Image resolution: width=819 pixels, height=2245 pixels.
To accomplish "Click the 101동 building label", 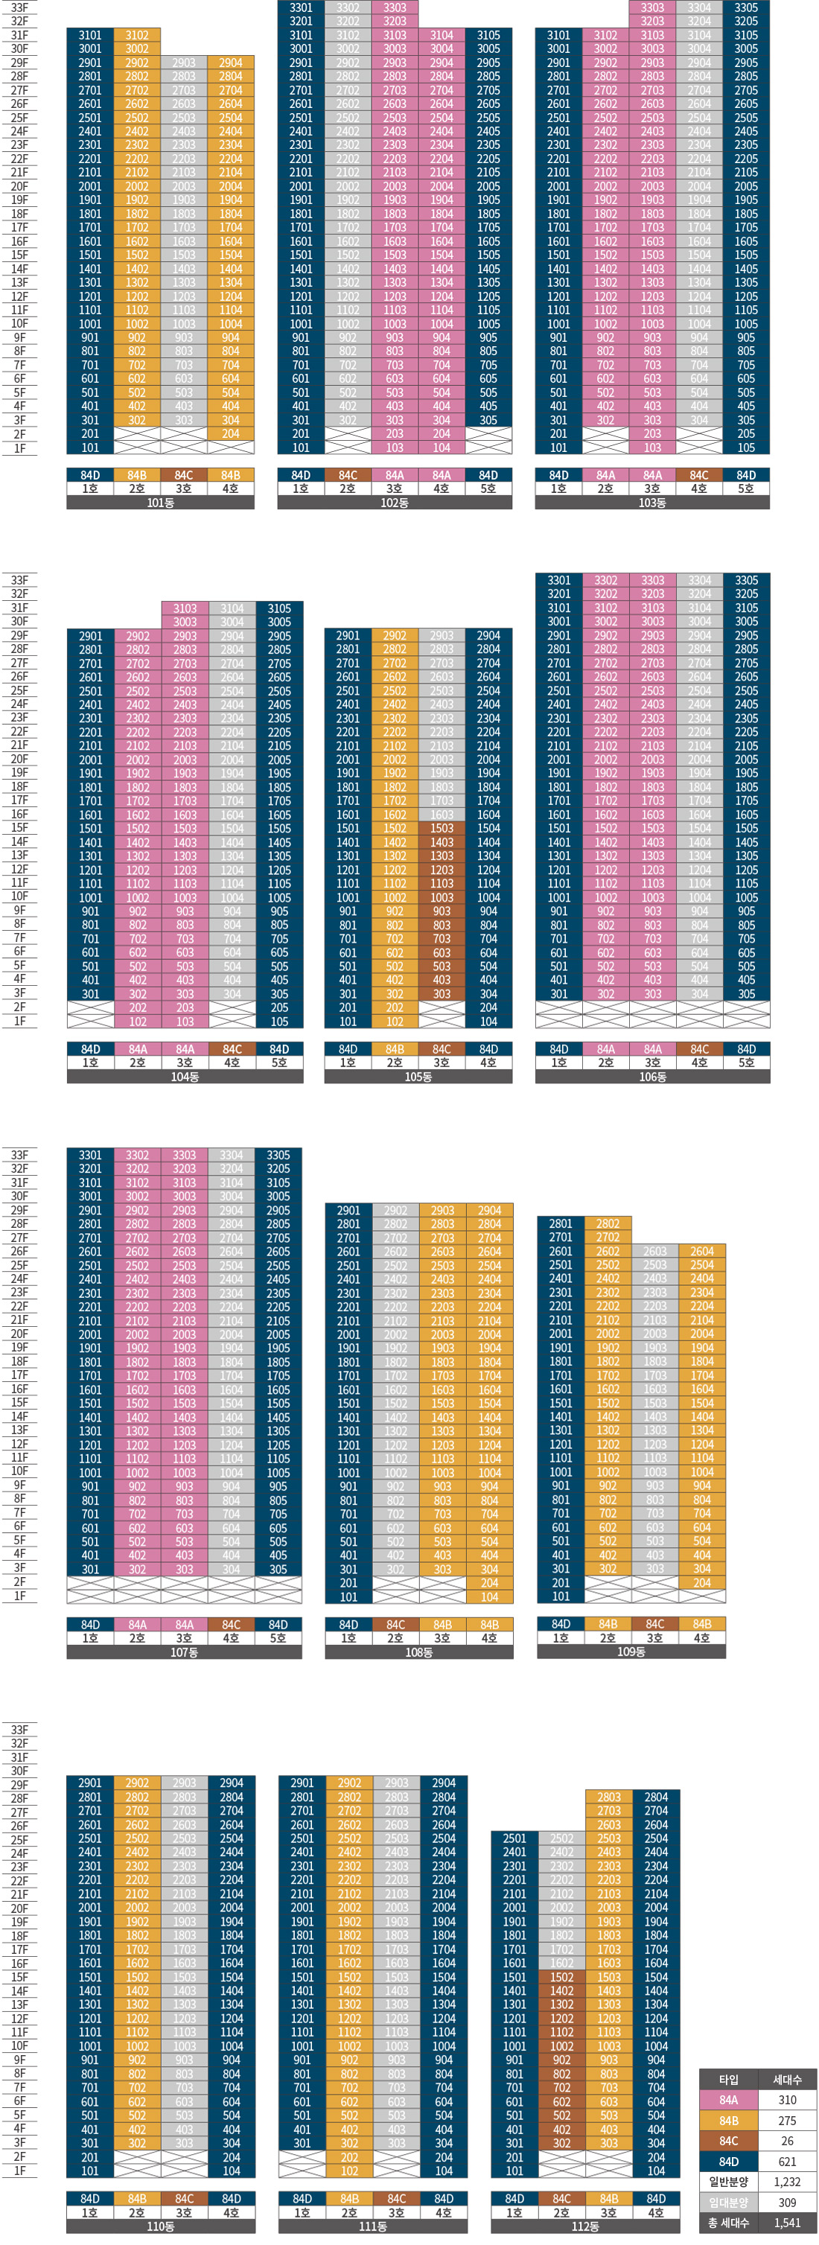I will (160, 503).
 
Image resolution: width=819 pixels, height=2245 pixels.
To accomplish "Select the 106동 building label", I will (652, 1077).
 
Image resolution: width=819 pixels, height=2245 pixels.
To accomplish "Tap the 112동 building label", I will (585, 2226).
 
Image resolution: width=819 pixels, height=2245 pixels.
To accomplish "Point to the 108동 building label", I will (419, 1652).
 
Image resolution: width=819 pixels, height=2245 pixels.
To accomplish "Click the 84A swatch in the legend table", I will (728, 2101).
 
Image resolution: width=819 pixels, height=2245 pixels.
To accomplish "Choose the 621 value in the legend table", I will (787, 2162).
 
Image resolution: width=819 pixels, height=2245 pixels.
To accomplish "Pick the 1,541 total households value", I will (787, 2223).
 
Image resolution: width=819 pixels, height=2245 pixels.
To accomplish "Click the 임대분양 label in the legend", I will (728, 2203).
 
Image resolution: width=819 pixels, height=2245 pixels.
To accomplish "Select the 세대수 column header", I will (787, 2080).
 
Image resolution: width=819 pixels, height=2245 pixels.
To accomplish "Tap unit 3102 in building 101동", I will (137, 36).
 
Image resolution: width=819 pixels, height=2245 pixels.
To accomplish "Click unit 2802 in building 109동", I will (608, 1223).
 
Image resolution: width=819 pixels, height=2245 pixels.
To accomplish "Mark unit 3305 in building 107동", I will (278, 1156).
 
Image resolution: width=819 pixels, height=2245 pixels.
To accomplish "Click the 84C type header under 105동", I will (442, 1049).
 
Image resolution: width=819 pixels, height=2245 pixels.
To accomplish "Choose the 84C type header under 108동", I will (395, 1625).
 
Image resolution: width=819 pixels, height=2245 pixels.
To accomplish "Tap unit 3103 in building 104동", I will (185, 608).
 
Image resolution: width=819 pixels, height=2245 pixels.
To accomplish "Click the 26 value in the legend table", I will (787, 2141).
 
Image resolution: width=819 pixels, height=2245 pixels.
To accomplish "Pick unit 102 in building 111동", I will (349, 2171).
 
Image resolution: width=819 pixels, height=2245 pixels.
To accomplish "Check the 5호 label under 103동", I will (746, 489).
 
